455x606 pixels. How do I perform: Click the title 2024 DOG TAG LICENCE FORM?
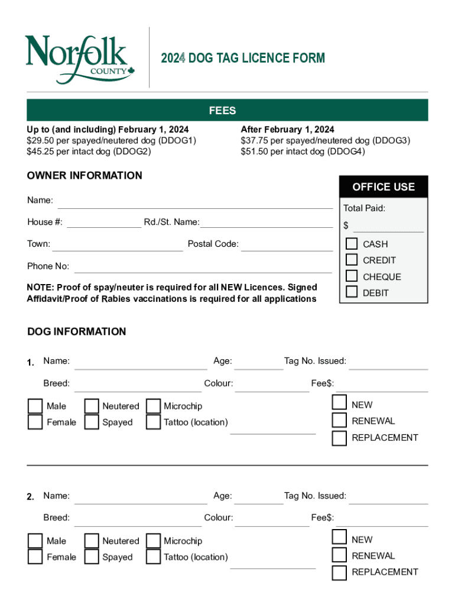coord(243,58)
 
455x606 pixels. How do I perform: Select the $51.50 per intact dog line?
coord(303,151)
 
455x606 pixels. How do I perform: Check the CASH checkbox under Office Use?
coord(352,244)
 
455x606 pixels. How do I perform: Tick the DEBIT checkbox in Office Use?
coord(352,292)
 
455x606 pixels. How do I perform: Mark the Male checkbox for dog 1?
coord(35,406)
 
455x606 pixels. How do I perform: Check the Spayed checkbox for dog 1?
coord(92,422)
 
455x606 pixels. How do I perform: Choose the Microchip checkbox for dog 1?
coord(154,406)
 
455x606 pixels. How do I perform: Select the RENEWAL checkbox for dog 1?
coord(339,421)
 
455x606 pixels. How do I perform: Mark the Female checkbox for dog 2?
coord(35,557)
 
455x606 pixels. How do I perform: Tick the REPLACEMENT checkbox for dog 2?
coord(339,572)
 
